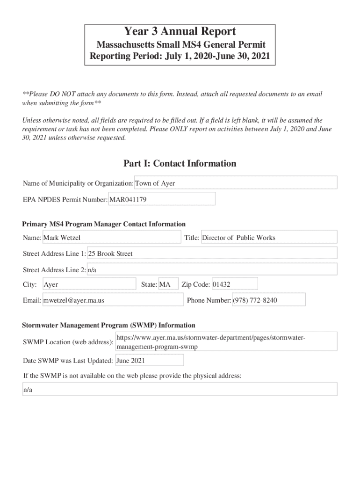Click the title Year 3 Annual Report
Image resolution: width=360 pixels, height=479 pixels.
tap(180, 32)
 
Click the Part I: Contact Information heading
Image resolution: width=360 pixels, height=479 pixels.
tap(180, 163)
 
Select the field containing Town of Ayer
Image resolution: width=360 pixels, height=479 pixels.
tap(236, 183)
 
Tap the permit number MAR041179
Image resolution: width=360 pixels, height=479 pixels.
tap(162, 199)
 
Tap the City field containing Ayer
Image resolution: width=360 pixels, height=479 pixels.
tap(89, 284)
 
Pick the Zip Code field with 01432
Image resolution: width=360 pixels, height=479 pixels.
tap(234, 284)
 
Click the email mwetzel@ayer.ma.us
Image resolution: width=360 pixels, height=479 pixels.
tap(112, 300)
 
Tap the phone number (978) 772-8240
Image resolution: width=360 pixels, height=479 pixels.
tap(268, 300)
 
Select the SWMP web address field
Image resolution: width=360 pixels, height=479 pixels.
tap(226, 342)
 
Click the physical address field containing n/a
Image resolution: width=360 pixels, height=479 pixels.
tap(180, 390)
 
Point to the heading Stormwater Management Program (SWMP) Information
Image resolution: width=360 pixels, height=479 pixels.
tap(109, 325)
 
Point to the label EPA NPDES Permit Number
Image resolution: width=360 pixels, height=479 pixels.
tap(65, 200)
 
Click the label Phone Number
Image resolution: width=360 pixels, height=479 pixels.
tap(209, 300)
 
